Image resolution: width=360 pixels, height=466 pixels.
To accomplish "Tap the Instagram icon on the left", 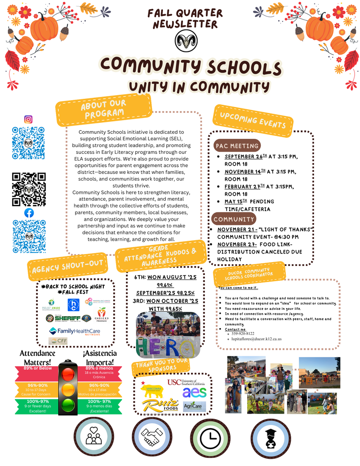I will (x=28, y=119).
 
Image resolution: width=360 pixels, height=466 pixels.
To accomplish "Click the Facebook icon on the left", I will (x=29, y=213).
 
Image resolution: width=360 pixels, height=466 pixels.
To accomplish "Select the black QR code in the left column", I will (x=29, y=189).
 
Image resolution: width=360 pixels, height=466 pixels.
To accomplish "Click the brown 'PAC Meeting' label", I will (x=237, y=146).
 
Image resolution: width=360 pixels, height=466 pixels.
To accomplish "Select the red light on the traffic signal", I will (x=68, y=374).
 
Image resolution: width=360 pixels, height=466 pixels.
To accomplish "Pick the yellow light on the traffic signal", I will (x=68, y=389).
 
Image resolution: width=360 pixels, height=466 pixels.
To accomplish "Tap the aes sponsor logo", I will (x=194, y=392).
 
